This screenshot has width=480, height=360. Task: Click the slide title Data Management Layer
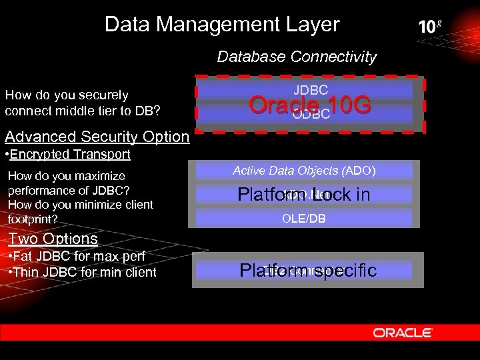click(x=222, y=25)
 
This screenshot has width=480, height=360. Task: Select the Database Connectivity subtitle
click(x=297, y=57)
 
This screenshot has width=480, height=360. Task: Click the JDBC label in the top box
click(x=310, y=89)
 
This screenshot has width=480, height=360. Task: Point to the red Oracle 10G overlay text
click(x=309, y=105)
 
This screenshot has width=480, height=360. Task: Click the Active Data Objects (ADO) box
click(x=304, y=171)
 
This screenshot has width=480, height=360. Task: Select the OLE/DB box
click(x=304, y=218)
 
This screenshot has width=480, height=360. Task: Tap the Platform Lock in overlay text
click(x=304, y=195)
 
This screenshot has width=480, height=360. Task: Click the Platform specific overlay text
click(x=308, y=270)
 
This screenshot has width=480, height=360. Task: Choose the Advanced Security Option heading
click(x=97, y=137)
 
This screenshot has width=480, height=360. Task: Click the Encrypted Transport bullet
click(x=67, y=155)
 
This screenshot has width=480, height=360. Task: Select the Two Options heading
click(x=53, y=239)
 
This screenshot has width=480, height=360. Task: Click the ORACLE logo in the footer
click(x=403, y=333)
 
